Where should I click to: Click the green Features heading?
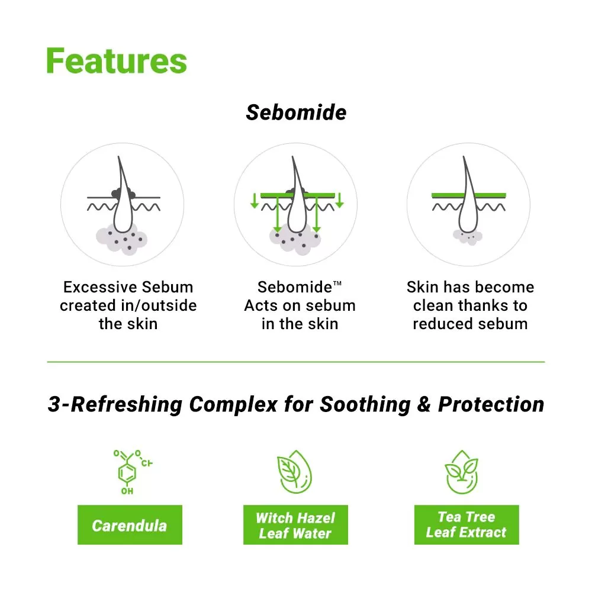click(x=117, y=61)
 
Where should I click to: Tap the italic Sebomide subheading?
click(x=296, y=112)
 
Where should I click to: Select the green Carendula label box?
click(x=130, y=525)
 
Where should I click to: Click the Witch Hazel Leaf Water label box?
click(x=295, y=525)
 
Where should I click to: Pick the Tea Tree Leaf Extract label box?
click(x=466, y=525)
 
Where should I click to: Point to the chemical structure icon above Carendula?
click(x=132, y=472)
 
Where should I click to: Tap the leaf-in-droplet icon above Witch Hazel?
click(x=295, y=472)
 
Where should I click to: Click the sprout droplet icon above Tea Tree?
click(x=462, y=472)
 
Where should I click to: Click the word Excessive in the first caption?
click(x=91, y=287)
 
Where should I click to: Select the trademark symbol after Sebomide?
click(x=337, y=283)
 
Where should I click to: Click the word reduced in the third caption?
click(x=439, y=324)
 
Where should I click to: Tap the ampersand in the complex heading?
click(x=424, y=404)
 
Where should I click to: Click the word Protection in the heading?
click(x=491, y=404)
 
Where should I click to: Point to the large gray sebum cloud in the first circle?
click(x=121, y=239)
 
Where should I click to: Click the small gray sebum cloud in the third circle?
click(x=468, y=237)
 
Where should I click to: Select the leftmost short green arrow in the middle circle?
click(x=255, y=201)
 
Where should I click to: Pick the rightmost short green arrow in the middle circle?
click(x=339, y=200)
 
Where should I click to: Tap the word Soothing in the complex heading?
click(x=365, y=405)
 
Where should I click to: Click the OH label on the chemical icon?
click(x=127, y=491)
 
